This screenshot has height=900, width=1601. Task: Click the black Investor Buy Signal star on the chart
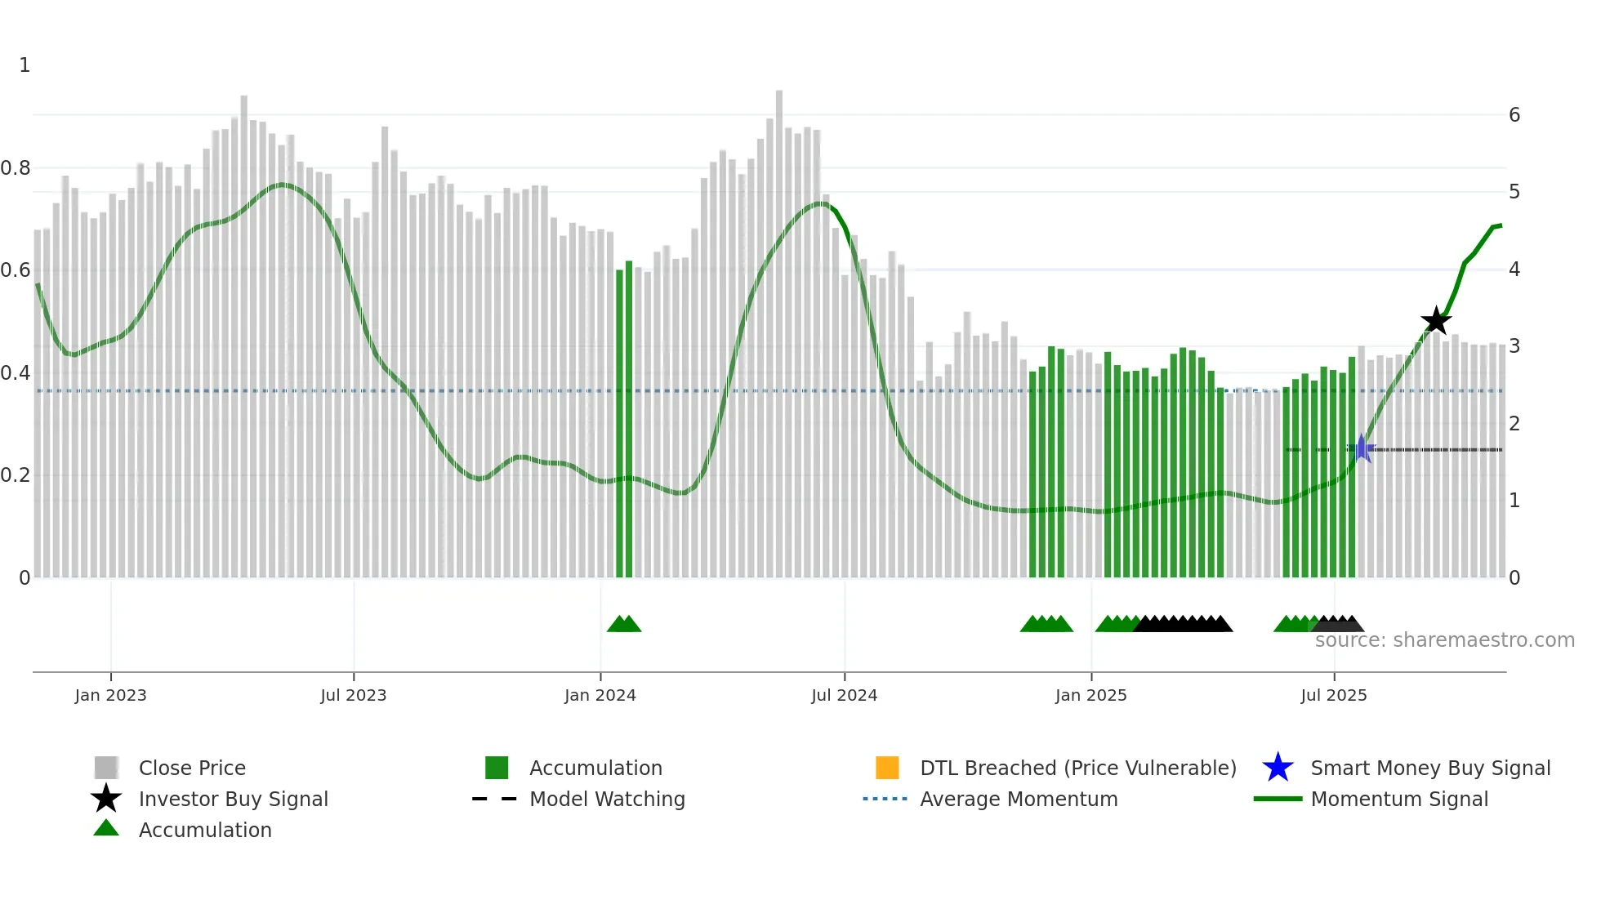tap(1435, 321)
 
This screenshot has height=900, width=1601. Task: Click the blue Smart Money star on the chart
tap(1361, 448)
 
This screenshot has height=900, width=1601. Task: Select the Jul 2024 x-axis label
tap(844, 695)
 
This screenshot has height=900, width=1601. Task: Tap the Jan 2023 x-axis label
tap(110, 695)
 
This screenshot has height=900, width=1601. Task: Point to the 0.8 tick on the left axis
tap(16, 168)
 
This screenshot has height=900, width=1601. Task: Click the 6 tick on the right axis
tap(1514, 115)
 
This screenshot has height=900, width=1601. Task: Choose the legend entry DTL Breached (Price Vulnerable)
tap(1077, 768)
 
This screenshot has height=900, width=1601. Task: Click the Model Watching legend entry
tap(606, 799)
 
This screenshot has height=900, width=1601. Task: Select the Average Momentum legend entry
tap(1018, 799)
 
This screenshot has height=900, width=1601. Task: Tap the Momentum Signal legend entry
tap(1398, 799)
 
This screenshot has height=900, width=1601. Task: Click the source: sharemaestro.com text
tap(1444, 640)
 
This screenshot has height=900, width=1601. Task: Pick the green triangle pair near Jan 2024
tap(624, 624)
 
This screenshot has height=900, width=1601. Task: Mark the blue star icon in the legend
tap(1278, 768)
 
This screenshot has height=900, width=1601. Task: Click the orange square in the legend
tap(887, 768)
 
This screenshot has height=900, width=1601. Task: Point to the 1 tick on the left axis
tap(25, 65)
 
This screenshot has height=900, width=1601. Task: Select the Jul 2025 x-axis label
tap(1333, 695)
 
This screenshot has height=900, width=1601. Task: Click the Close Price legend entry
tap(192, 768)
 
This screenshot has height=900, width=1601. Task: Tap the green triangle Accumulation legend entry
tap(204, 830)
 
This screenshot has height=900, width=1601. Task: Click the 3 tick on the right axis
tap(1514, 346)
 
